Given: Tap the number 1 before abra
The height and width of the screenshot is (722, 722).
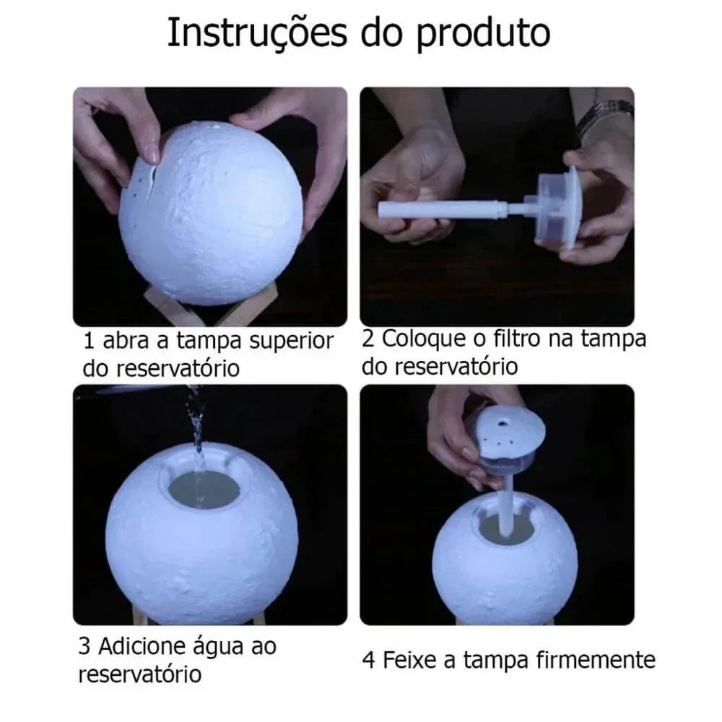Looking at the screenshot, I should [x=89, y=341].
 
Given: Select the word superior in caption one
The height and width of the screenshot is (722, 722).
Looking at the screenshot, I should [x=291, y=341].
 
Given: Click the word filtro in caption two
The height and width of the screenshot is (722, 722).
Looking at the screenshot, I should [x=522, y=338].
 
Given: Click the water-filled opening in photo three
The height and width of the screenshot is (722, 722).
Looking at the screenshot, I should [x=204, y=489].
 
